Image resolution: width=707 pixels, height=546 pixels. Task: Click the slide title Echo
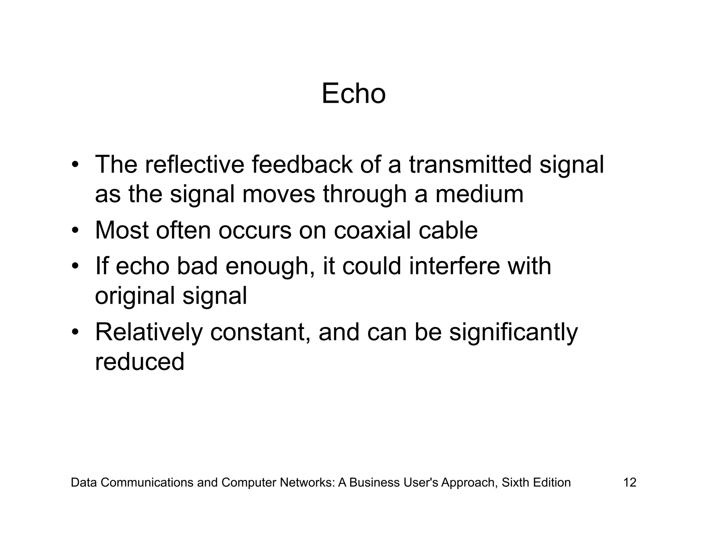click(x=353, y=94)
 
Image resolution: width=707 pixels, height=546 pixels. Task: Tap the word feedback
click(x=302, y=165)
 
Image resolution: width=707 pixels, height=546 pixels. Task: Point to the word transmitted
click(x=470, y=165)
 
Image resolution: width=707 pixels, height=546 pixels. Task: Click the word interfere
click(x=454, y=266)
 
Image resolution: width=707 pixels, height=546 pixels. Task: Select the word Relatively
click(x=149, y=332)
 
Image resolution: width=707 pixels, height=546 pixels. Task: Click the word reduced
click(x=139, y=362)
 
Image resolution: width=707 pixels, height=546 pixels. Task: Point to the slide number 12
click(x=629, y=482)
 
